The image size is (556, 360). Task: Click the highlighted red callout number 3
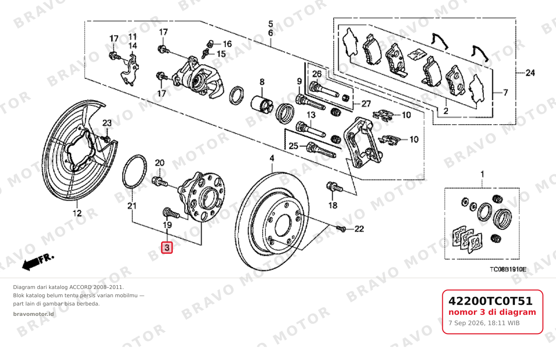(167, 248)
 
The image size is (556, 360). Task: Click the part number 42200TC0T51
(490, 301)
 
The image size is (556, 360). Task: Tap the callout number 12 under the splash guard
(77, 213)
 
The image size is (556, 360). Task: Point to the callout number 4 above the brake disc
(272, 158)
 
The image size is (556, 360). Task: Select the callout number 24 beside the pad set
(530, 73)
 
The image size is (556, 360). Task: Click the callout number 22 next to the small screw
(359, 229)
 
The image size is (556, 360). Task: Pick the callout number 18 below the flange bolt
(333, 206)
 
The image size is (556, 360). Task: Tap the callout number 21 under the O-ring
(132, 206)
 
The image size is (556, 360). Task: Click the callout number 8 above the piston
(262, 82)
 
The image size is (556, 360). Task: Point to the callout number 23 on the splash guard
(107, 123)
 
